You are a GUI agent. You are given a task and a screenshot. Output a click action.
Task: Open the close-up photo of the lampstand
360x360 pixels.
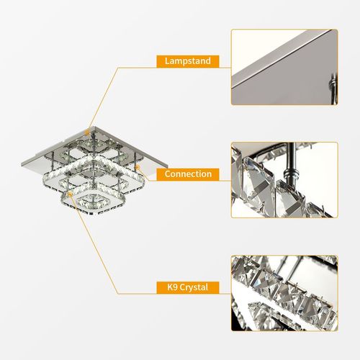pos(284,67)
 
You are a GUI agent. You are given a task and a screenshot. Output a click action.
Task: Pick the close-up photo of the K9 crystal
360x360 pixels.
pos(284,293)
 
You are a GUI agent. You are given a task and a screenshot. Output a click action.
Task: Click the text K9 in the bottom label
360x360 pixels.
pos(167,288)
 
